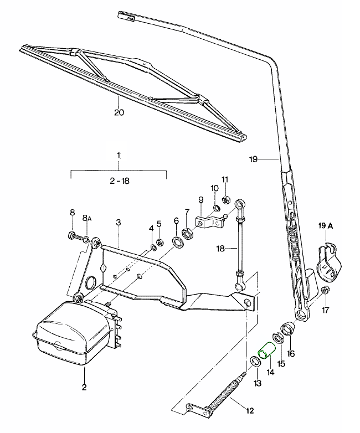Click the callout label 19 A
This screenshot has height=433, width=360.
(326, 225)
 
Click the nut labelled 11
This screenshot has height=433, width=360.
(225, 200)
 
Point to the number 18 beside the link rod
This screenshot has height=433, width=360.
(220, 249)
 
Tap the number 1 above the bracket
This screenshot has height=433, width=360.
(118, 154)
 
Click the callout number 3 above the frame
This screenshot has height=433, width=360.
(118, 223)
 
